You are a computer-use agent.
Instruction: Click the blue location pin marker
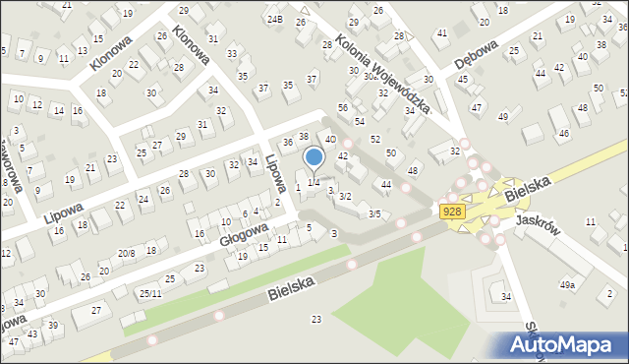[x=314, y=157]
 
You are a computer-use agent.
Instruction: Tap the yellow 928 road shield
[x=452, y=212]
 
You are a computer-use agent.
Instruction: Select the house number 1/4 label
[x=314, y=183]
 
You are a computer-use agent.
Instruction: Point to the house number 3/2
[x=345, y=197]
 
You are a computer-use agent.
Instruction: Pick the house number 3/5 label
[x=373, y=213]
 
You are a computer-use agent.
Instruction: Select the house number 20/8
[x=126, y=253]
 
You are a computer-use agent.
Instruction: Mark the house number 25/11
[x=149, y=293]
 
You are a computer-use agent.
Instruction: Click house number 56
[x=343, y=107]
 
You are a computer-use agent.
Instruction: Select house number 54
[x=360, y=121]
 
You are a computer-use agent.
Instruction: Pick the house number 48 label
[x=413, y=171]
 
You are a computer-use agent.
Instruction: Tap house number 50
[x=390, y=152]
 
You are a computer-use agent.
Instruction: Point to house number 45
[x=462, y=79]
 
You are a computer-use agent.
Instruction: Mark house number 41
[x=442, y=32]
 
